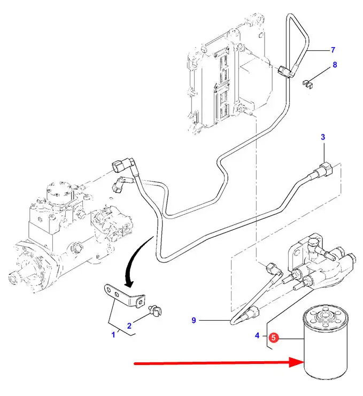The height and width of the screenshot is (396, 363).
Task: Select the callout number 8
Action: (x=335, y=65)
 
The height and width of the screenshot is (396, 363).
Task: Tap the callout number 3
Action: (x=322, y=137)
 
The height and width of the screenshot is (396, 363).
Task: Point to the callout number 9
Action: (x=194, y=321)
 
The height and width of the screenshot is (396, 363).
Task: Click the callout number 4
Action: (x=257, y=336)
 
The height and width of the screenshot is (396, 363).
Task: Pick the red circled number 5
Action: (x=273, y=337)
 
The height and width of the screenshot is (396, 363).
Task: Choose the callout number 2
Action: (x=129, y=325)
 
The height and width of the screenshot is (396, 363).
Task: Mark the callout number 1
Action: (x=113, y=335)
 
